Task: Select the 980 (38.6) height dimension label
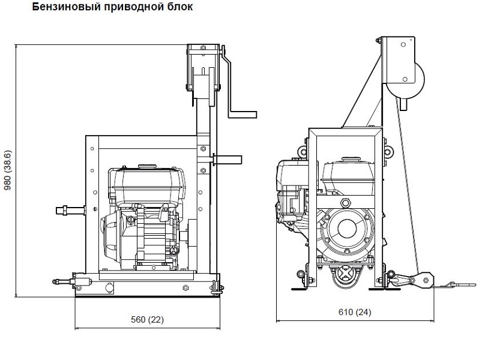[8, 170]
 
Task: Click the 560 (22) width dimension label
[147, 320]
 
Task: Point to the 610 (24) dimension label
[355, 312]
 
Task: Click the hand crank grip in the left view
[243, 115]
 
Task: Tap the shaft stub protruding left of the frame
[70, 211]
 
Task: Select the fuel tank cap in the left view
[148, 166]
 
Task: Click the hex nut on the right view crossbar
[345, 203]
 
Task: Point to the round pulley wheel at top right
[405, 80]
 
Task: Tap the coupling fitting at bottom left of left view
[73, 281]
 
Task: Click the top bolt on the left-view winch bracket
[203, 48]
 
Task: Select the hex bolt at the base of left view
[185, 287]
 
